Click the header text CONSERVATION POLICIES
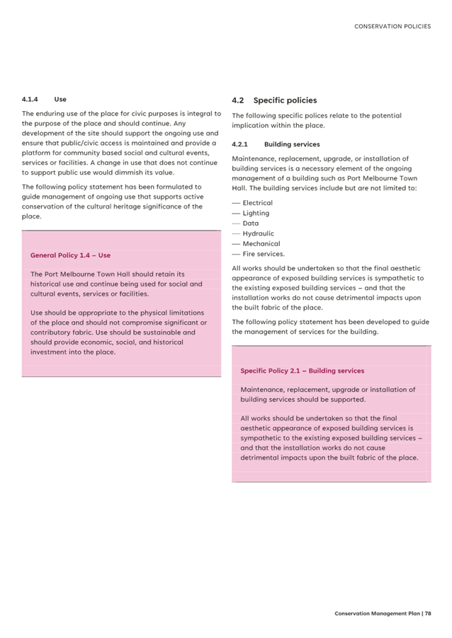[x=392, y=26]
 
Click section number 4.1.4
[x=29, y=100]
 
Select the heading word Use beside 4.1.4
[x=60, y=100]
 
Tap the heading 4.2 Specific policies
[x=274, y=100]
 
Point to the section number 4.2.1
[x=239, y=144]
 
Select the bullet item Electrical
[x=257, y=203]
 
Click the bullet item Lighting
[x=256, y=213]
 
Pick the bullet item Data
[x=251, y=224]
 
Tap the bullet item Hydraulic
[x=258, y=233]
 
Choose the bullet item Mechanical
[x=261, y=243]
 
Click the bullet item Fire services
[x=264, y=254]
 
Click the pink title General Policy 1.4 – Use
[x=70, y=255]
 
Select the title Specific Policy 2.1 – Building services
[x=302, y=371]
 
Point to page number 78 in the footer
[x=428, y=613]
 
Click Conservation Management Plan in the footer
[x=377, y=613]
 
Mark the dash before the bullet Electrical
[x=236, y=203]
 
